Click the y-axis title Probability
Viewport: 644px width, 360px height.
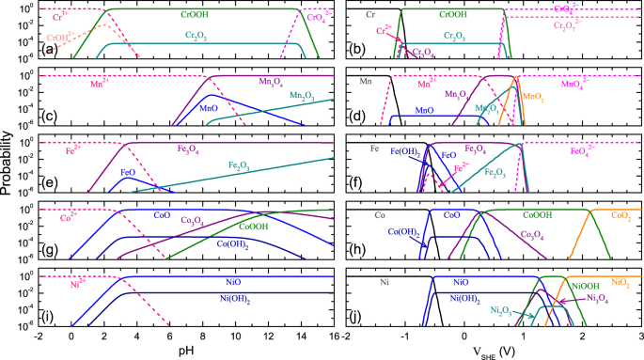point(8,167)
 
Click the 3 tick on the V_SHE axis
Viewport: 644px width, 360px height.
point(640,337)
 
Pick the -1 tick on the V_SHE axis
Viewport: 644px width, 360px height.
point(405,337)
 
